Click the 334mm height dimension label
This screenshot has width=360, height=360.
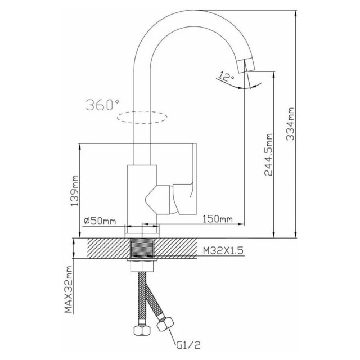click(x=290, y=124)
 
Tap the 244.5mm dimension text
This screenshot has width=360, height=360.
click(x=268, y=155)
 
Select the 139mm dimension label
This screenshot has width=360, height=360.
click(x=75, y=191)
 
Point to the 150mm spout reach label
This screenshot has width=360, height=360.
click(x=218, y=219)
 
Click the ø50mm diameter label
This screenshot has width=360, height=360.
click(x=100, y=221)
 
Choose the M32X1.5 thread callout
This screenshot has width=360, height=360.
click(x=223, y=250)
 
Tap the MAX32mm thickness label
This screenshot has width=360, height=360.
click(x=68, y=290)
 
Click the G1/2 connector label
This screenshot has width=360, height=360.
click(x=188, y=345)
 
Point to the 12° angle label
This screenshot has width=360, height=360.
click(x=226, y=77)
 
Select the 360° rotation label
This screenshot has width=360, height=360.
click(x=102, y=105)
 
